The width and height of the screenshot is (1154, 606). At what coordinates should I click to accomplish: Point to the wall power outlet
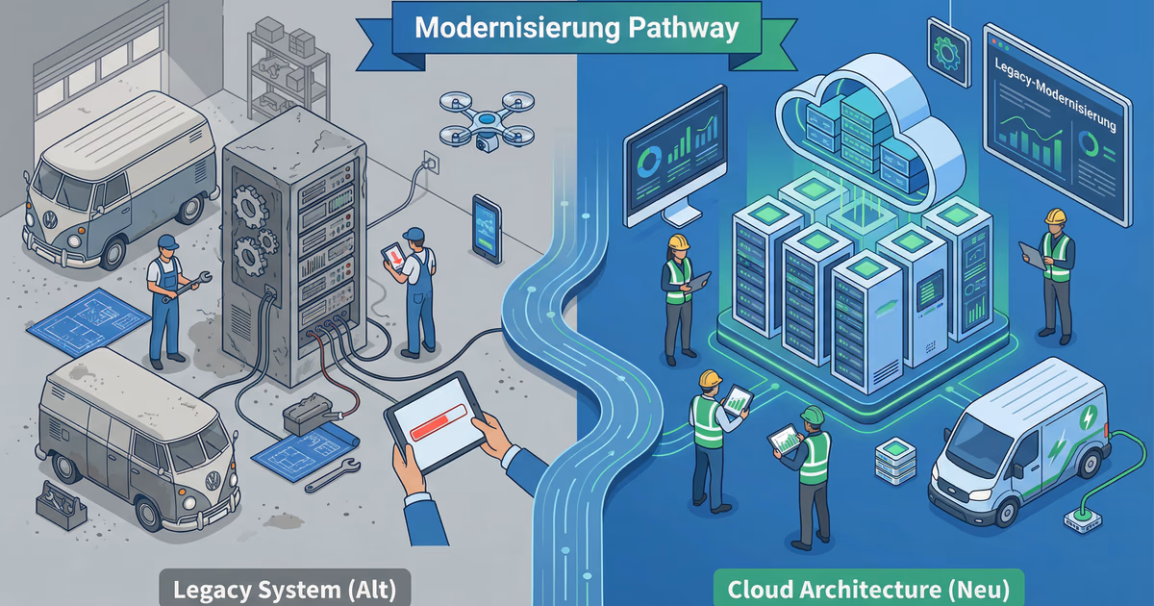click(x=433, y=159)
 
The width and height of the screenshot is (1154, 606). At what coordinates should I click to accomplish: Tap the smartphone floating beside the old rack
click(x=487, y=228)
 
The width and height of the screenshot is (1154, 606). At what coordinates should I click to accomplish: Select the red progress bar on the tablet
click(x=439, y=423)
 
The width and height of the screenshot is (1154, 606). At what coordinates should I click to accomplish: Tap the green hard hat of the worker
click(x=813, y=415)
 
